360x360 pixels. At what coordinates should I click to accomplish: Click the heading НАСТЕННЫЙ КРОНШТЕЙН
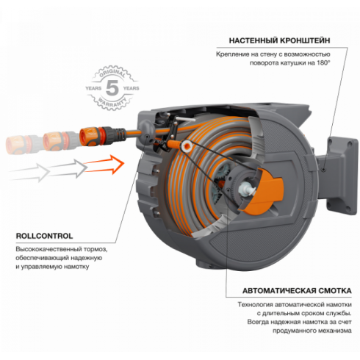coord(279,40)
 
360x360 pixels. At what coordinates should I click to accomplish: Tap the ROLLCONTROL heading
coord(44,236)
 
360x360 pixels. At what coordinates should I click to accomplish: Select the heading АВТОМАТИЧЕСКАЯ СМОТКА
coord(297,291)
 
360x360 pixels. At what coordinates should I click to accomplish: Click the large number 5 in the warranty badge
coord(112,87)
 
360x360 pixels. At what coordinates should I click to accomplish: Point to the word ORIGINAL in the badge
coord(112,73)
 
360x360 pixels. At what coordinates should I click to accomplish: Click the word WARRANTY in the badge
coord(112,102)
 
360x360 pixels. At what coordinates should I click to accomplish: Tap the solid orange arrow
coord(104,165)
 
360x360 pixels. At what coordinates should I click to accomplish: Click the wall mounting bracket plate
coord(342,176)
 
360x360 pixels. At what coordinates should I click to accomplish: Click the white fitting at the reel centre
coord(245,190)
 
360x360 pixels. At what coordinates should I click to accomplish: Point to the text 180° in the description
coord(323,63)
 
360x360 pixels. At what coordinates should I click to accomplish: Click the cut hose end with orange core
coord(187,146)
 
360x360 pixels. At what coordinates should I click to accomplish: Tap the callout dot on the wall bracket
coord(323,170)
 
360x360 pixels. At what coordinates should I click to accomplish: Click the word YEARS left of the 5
coord(93,88)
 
